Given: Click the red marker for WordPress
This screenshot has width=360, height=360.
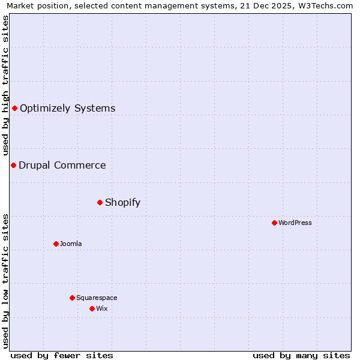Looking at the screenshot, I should click(x=274, y=223).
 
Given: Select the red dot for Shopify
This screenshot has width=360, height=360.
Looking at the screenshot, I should click(x=100, y=202).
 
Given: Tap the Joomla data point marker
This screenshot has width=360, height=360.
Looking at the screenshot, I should click(x=56, y=244).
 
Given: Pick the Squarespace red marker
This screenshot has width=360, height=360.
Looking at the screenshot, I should click(x=72, y=298).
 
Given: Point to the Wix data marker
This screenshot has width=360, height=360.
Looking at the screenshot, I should click(x=92, y=308).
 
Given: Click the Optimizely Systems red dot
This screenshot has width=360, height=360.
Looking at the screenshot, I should click(x=14, y=108).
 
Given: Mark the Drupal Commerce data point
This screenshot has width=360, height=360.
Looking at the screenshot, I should click(x=13, y=165).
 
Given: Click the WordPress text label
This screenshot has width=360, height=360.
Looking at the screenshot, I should click(x=295, y=223).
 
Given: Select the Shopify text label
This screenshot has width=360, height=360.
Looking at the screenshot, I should click(x=122, y=202).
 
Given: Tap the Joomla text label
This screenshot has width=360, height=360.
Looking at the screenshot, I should click(x=71, y=244).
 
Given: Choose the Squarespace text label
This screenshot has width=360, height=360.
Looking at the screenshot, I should click(x=97, y=298).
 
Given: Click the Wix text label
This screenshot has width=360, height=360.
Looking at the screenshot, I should click(x=101, y=308).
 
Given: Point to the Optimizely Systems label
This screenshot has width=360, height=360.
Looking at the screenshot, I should click(x=67, y=108).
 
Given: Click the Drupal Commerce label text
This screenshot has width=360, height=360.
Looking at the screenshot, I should click(x=62, y=165).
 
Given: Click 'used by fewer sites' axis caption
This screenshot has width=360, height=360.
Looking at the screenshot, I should click(x=62, y=355).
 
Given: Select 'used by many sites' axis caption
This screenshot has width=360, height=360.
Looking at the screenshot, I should click(x=301, y=355).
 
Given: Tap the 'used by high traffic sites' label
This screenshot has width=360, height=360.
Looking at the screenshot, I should click(x=5, y=85).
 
